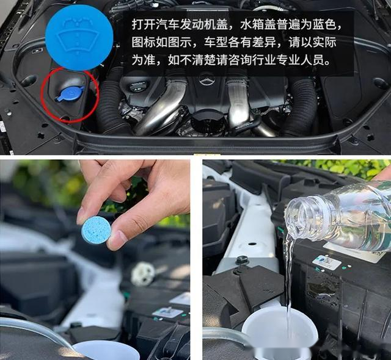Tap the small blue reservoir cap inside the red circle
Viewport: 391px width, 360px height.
70,94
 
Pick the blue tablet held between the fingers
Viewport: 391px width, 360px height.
97,229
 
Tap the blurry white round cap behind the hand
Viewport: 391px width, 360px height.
144,273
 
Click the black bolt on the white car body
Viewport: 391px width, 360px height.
241,260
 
